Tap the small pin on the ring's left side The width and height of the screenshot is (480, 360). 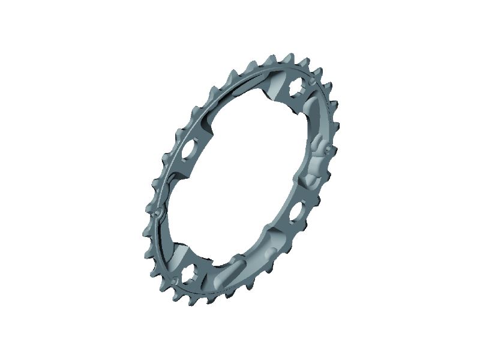pyautogui.click(x=157, y=211)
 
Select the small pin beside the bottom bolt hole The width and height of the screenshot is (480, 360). pyautogui.click(x=173, y=279)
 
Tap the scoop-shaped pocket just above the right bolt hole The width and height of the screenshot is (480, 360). pyautogui.click(x=310, y=181)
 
